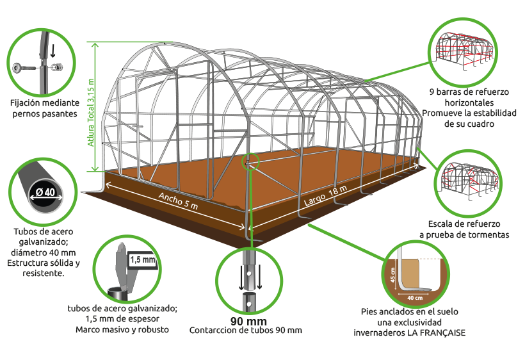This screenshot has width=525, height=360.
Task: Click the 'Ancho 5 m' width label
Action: click(x=178, y=201)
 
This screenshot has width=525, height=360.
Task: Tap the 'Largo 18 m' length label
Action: click(x=325, y=195)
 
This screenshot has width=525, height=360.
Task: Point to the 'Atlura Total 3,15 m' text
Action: click(x=91, y=113)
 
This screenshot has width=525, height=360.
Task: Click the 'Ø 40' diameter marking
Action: click(x=45, y=192)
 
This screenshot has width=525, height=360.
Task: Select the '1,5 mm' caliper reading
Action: click(x=143, y=259)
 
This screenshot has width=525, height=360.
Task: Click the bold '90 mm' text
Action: click(x=248, y=322)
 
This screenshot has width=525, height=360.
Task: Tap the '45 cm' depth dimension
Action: click(x=392, y=275)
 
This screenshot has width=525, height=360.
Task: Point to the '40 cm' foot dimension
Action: click(x=415, y=298)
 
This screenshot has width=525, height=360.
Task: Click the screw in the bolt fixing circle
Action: click(x=24, y=68)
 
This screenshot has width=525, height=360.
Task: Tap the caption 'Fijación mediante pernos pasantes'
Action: click(x=45, y=108)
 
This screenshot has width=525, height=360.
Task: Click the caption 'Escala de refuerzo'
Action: click(x=464, y=224)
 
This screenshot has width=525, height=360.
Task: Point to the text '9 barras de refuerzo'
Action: click(x=469, y=92)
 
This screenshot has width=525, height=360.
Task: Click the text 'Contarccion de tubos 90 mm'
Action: click(x=246, y=331)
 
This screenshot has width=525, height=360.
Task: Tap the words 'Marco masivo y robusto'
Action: click(x=122, y=329)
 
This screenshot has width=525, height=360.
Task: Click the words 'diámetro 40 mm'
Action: click(x=43, y=252)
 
